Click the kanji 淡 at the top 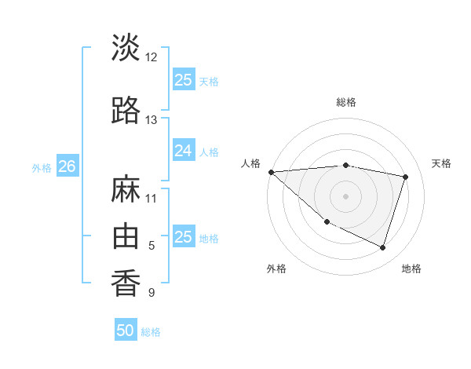point(126,47)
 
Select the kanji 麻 point(126,189)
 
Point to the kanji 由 point(126,234)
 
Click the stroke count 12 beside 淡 point(152,57)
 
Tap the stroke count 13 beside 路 point(152,120)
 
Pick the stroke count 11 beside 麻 point(152,198)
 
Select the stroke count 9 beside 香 point(152,293)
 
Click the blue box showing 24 point(183,151)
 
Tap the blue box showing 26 point(67,166)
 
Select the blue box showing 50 point(126,331)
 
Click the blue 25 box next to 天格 point(183,80)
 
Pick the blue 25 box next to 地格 point(183,237)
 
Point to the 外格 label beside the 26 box point(42,167)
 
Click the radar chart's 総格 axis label point(346,102)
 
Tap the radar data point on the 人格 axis point(271,172)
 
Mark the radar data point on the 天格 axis point(406,177)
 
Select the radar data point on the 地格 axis point(382,247)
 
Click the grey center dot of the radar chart point(346,195)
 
